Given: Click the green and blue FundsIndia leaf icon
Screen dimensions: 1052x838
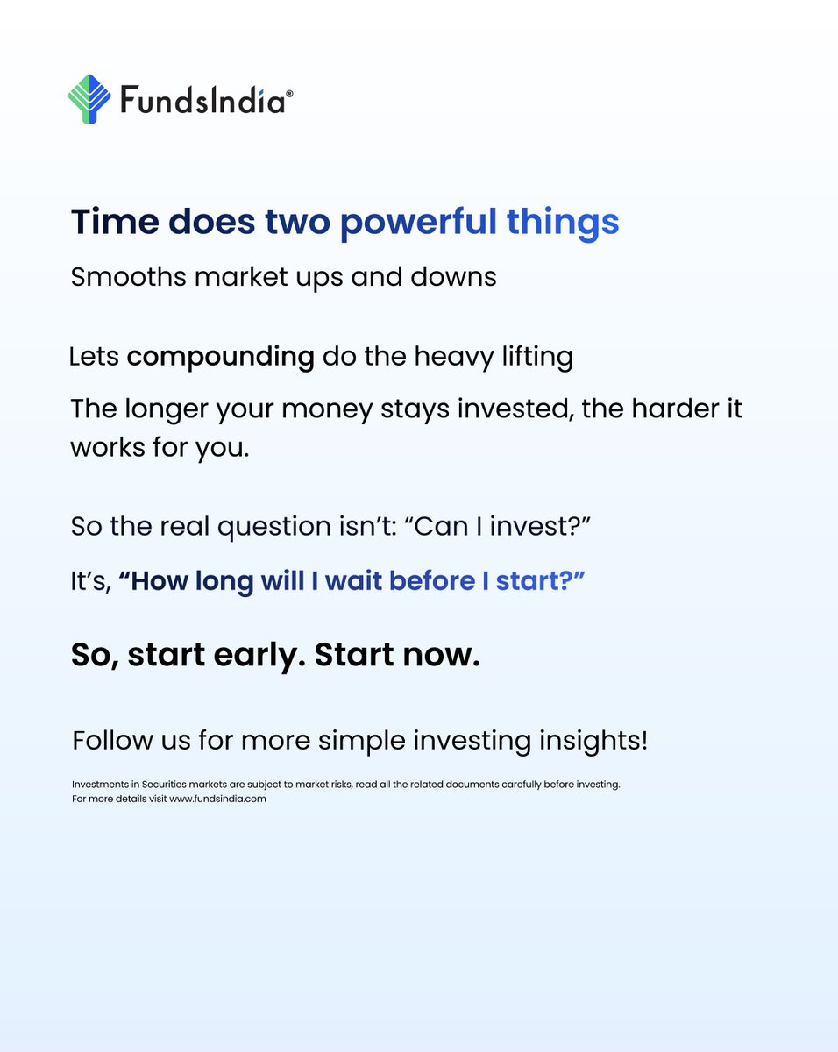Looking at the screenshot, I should coord(89,98).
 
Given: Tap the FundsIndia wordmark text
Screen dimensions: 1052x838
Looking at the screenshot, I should coord(201,101).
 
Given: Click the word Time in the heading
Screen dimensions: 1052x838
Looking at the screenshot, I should coord(114,222).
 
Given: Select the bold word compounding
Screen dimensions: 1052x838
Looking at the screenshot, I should coord(220,358).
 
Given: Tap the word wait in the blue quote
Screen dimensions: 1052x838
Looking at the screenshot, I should coord(353,581).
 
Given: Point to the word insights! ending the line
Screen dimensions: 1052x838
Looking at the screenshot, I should coord(592,741).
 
